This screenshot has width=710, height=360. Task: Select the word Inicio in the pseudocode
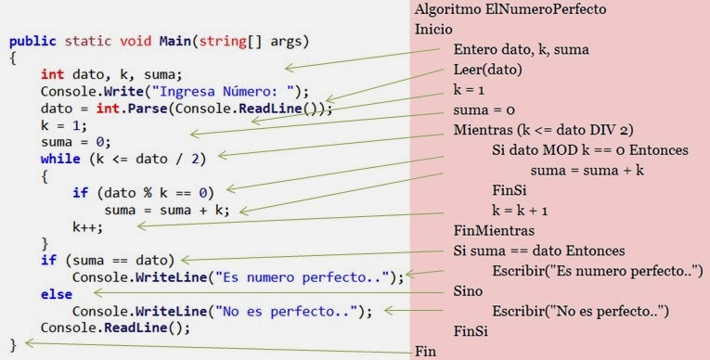click(434, 29)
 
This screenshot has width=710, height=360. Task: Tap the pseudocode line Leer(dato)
click(487, 70)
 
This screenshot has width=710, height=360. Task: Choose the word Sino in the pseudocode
click(469, 290)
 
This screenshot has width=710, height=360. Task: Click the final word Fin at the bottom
click(425, 352)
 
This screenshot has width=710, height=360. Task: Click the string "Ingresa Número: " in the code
click(229, 92)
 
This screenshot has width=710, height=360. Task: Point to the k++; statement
click(89, 225)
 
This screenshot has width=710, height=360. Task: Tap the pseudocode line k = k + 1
click(522, 210)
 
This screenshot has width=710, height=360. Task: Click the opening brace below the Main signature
click(12, 58)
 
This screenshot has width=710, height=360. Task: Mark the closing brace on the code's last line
click(12, 343)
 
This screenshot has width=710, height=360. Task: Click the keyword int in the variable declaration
click(52, 75)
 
